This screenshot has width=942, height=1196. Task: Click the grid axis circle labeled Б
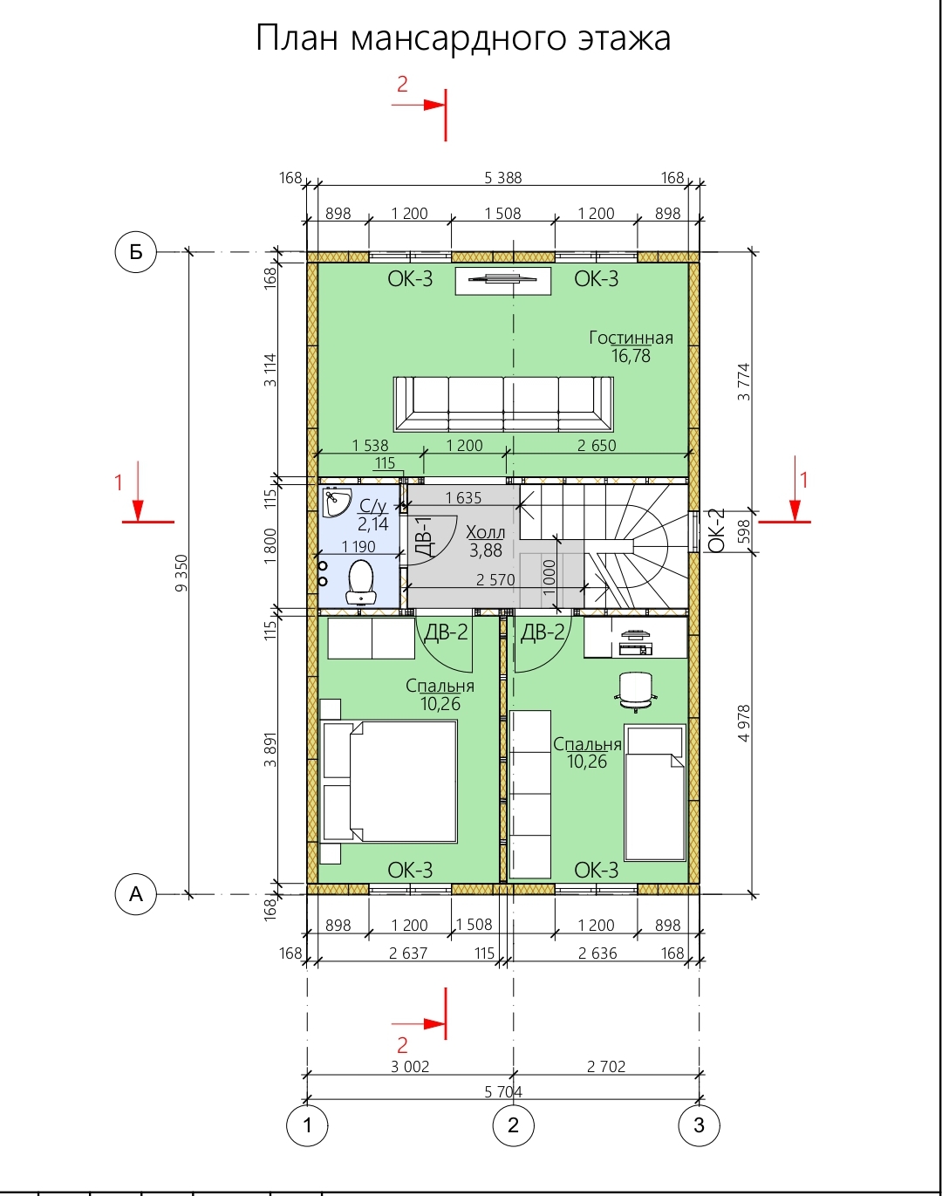click(x=135, y=252)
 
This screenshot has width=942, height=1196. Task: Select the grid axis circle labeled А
click(x=135, y=894)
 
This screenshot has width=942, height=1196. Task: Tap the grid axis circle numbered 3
click(x=699, y=1124)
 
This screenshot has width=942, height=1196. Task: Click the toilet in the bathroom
click(x=361, y=582)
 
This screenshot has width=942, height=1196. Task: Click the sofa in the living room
click(x=503, y=404)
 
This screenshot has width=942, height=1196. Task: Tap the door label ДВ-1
click(x=424, y=536)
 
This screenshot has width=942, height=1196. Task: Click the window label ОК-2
click(x=717, y=530)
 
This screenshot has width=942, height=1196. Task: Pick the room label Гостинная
click(x=631, y=338)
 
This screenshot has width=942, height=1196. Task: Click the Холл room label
click(x=485, y=532)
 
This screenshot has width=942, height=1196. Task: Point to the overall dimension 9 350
click(x=181, y=573)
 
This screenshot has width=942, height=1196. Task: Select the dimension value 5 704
click(x=503, y=1092)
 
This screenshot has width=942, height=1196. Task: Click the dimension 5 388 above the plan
click(x=503, y=178)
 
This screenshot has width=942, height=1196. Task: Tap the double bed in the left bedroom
click(x=390, y=781)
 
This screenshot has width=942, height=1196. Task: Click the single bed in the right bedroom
click(x=655, y=792)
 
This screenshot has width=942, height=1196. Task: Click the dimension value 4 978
click(x=744, y=723)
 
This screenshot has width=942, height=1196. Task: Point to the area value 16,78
click(x=631, y=356)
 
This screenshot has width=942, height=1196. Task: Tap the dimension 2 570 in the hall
click(x=495, y=579)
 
